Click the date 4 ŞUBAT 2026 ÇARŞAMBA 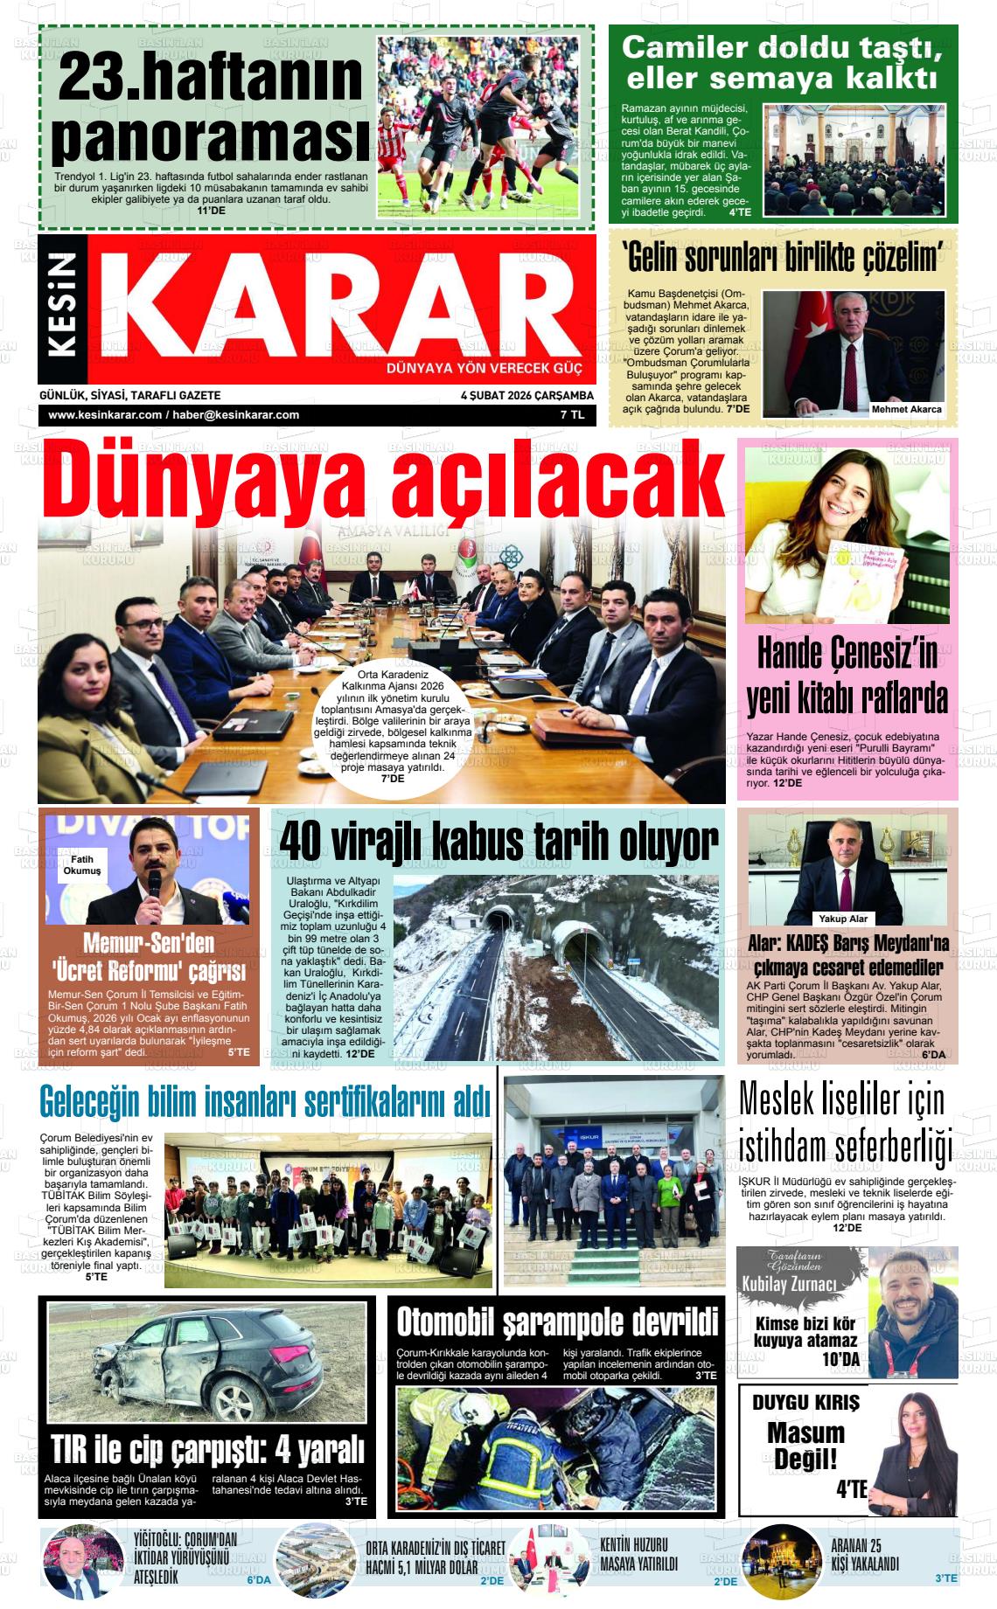pyautogui.click(x=526, y=395)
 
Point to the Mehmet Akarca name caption pyautogui.click(x=906, y=409)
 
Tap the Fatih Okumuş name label pyautogui.click(x=81, y=865)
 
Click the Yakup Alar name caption pyautogui.click(x=843, y=919)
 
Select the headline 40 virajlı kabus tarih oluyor pyautogui.click(x=498, y=841)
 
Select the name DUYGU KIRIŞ pyautogui.click(x=805, y=1403)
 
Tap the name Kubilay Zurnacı pyautogui.click(x=789, y=1284)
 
